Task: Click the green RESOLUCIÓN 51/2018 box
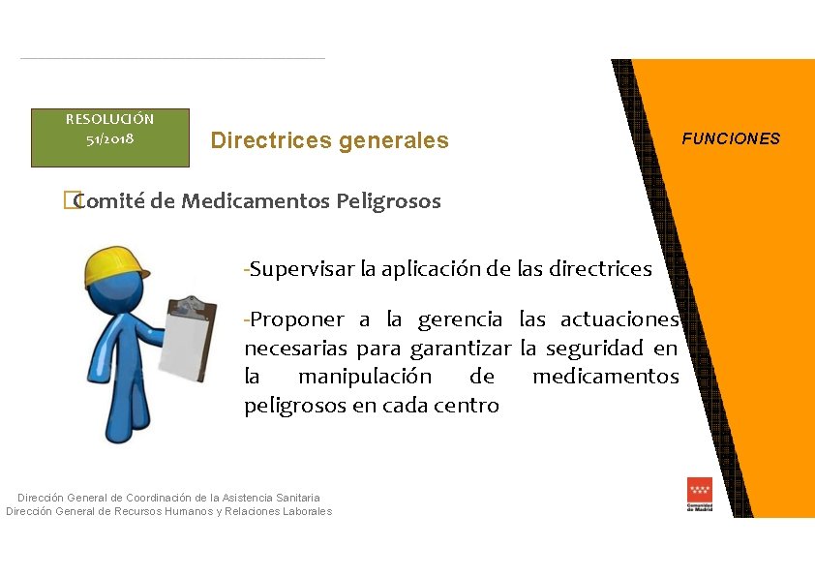coord(109,137)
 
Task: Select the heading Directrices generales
coord(329,140)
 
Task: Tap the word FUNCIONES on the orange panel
coord(730,138)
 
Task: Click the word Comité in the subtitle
coord(110,201)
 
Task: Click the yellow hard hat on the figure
coord(114,265)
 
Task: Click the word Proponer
coord(295,319)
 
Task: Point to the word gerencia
coord(460,319)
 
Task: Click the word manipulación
coord(364,376)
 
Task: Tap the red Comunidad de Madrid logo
coord(699,494)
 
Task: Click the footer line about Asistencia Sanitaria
coord(168,498)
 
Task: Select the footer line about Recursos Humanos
coord(168,511)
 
